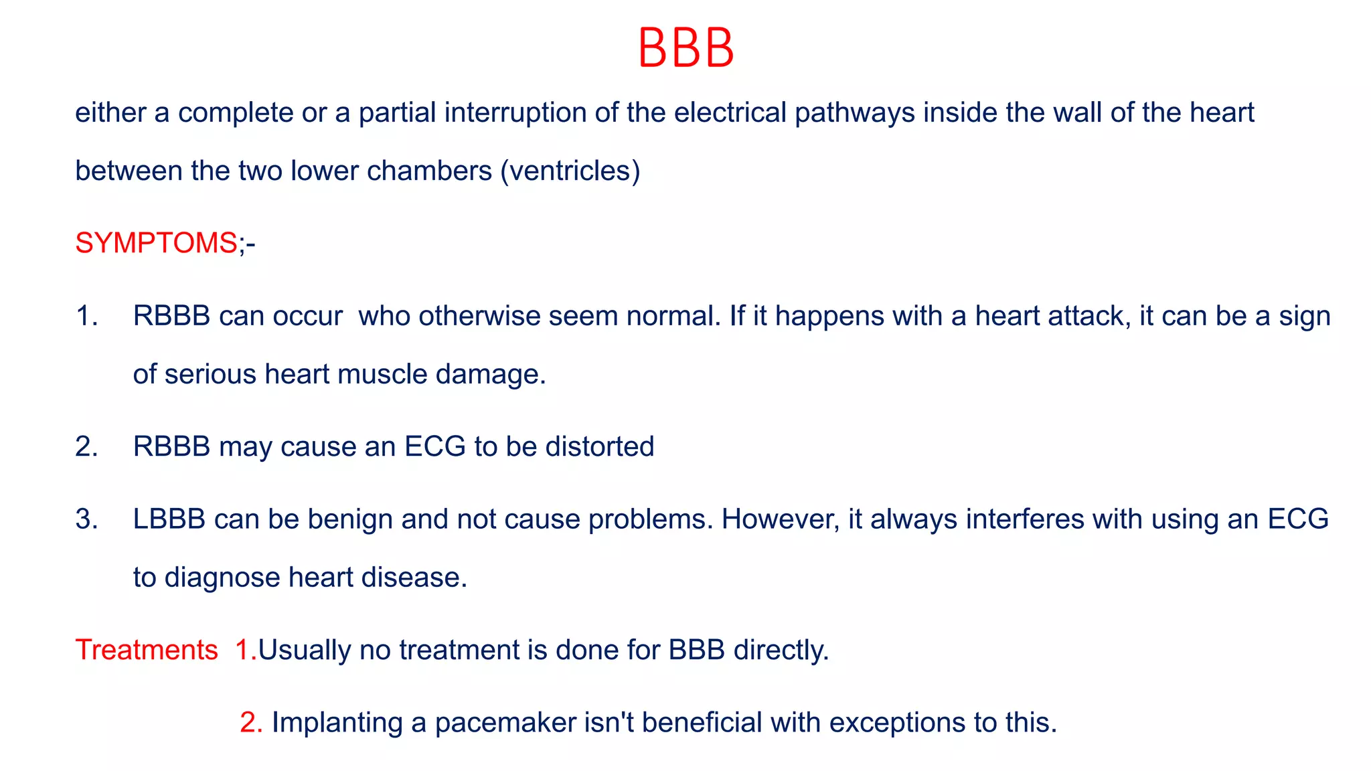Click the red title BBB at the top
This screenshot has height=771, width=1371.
pos(685,48)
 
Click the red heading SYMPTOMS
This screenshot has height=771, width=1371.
pos(156,242)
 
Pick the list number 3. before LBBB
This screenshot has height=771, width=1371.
pos(87,519)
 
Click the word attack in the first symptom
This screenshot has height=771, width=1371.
pos(1089,316)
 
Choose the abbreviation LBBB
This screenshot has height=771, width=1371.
pos(169,519)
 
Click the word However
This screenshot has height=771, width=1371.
pos(780,519)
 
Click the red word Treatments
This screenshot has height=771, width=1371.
pos(147,650)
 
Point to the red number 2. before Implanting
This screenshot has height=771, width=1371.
pos(251,723)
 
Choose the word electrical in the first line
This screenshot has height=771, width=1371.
pos(730,112)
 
